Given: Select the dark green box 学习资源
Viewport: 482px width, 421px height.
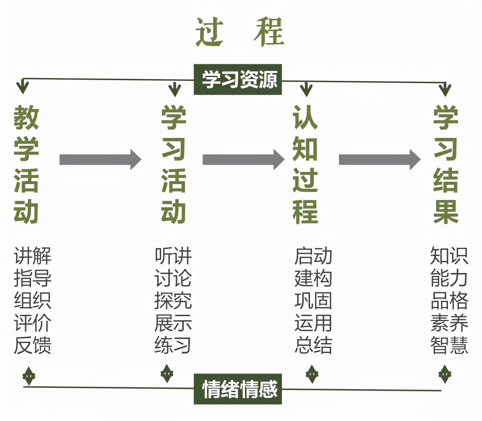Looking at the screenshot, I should (x=238, y=79).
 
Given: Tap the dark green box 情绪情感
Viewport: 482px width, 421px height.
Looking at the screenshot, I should (x=238, y=389).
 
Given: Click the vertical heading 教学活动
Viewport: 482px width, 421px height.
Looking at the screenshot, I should (x=26, y=164).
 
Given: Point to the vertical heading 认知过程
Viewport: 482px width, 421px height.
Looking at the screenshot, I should (x=305, y=164).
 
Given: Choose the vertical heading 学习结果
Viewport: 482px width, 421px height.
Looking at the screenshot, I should (x=446, y=164).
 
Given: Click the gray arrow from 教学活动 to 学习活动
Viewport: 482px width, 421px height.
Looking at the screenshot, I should (x=100, y=160).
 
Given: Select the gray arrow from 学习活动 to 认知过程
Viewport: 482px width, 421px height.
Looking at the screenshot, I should (x=243, y=160).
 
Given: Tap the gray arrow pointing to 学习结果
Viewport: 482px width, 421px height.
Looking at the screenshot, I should (x=379, y=160).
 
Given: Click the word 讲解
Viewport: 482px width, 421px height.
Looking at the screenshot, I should (x=33, y=256).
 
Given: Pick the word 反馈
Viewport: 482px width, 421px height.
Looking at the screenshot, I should (x=33, y=345).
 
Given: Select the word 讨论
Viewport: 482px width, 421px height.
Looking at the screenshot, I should (x=173, y=278).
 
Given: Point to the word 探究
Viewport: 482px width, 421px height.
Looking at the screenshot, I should (x=173, y=301).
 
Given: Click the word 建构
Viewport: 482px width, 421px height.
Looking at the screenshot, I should (x=313, y=278).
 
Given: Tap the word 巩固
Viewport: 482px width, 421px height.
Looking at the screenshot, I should (x=313, y=301).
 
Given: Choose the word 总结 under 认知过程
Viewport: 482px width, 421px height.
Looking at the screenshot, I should (x=313, y=345).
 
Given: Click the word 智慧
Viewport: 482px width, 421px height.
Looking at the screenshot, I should (x=449, y=345).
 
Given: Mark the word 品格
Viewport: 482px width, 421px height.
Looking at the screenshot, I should (x=449, y=301).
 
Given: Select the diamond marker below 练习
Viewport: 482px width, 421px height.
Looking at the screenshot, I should (x=167, y=373).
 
